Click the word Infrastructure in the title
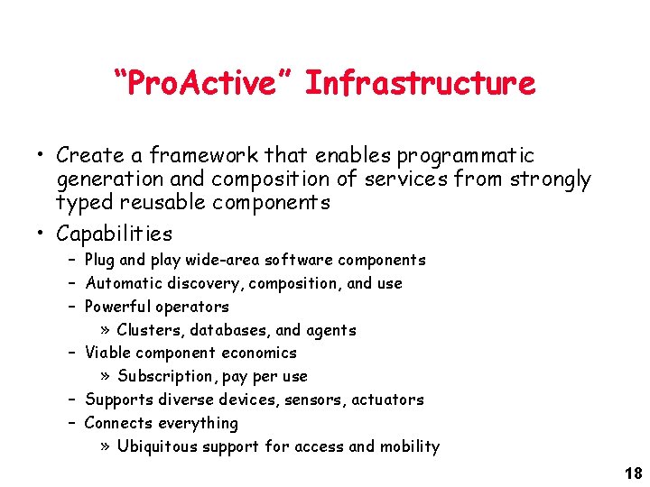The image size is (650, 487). [x=420, y=84]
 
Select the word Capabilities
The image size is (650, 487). [x=114, y=234]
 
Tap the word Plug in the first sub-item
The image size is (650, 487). [x=99, y=260]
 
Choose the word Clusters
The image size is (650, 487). [x=151, y=330]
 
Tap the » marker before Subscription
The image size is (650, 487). [x=106, y=376]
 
